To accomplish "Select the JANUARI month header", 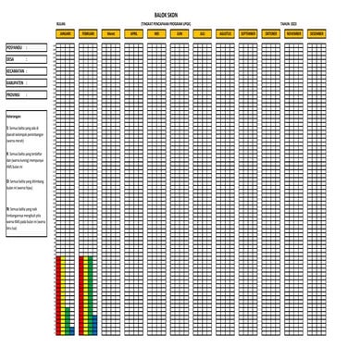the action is coord(65,32).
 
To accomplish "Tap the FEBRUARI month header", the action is coord(88,32).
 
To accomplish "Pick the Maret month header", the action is coord(111,32).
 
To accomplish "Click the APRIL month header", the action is coord(134,32).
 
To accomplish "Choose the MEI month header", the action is coord(157,32).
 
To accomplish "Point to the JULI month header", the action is coord(203,32).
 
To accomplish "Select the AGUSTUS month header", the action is coord(226,32).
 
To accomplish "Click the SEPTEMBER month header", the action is coord(248,32).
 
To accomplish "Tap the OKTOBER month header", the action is coord(271,32).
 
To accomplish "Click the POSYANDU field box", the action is coord(26,44).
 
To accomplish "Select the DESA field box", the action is coord(26,56).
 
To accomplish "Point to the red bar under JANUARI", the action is coord(59,292).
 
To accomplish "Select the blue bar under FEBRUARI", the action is coord(94,323).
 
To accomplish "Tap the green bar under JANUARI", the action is coord(65,305).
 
